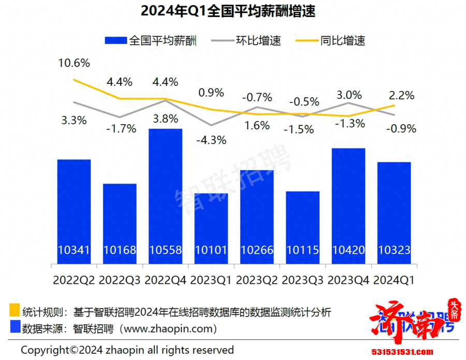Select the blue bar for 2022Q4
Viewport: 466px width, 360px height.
[x=165, y=191]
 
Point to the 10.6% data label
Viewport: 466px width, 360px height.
[x=74, y=64]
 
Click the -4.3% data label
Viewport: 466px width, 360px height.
[x=212, y=140]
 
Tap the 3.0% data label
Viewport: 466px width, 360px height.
[x=349, y=95]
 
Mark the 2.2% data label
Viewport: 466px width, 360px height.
[x=401, y=95]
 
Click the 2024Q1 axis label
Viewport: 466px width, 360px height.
[x=394, y=280]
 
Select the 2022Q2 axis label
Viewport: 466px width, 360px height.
[x=74, y=280]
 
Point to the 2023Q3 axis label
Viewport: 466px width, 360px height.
[x=302, y=280]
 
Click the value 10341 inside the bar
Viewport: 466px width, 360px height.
[x=74, y=250]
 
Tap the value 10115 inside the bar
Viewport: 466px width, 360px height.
[x=302, y=250]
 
